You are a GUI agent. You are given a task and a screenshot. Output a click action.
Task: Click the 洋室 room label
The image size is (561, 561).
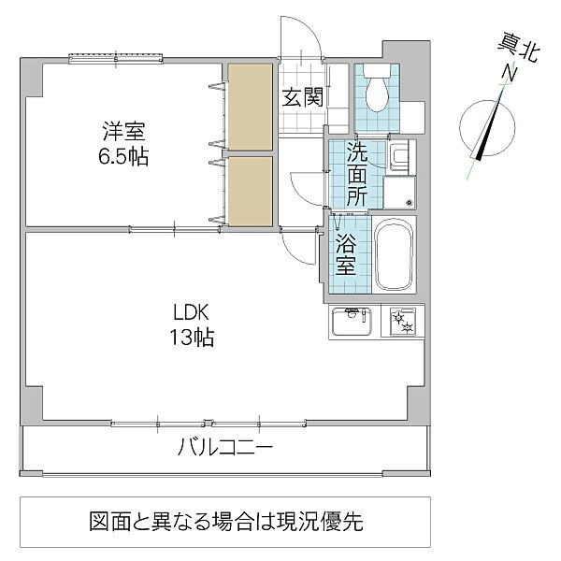click(x=123, y=131)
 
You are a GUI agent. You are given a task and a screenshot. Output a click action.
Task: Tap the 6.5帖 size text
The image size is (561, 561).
click(x=123, y=155)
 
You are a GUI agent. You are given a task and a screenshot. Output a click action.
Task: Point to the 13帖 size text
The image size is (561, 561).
click(x=192, y=337)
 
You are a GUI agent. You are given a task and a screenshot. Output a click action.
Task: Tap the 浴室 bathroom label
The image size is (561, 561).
click(x=345, y=252)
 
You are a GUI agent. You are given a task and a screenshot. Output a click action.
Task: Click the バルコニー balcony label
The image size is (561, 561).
click(x=225, y=447)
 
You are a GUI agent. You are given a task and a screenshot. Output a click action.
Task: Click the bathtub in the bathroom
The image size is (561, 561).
click(x=394, y=256)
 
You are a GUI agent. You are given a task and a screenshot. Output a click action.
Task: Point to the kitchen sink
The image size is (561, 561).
click(x=352, y=322)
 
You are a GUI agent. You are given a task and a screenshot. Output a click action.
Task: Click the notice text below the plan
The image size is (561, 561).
click(x=224, y=520)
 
